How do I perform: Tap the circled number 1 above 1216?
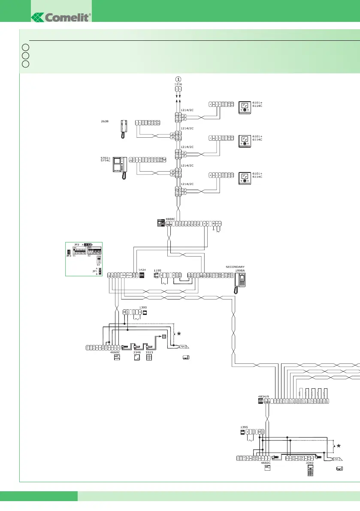pyautogui.click(x=178, y=79)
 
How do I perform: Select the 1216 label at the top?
pyautogui.click(x=178, y=85)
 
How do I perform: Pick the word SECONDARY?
pyautogui.click(x=235, y=266)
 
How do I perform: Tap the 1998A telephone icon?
pyautogui.click(x=239, y=283)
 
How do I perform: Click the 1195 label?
pyautogui.click(x=157, y=270)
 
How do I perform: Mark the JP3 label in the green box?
pyautogui.click(x=69, y=256)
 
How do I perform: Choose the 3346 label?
pyautogui.click(x=137, y=352)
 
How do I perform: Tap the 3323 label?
pyautogui.click(x=149, y=352)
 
